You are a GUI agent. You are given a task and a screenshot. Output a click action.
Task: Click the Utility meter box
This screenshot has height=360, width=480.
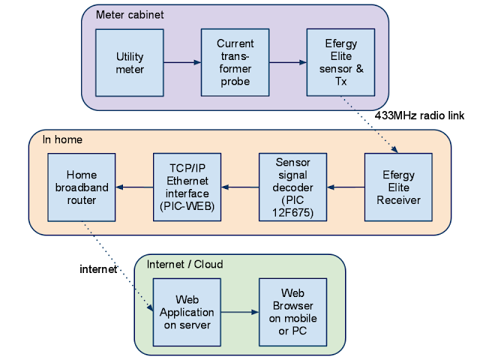[130, 63]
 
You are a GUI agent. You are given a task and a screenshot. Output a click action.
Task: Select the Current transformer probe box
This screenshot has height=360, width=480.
[235, 63]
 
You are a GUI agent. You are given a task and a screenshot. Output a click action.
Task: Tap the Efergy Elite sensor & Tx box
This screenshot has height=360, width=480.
[340, 63]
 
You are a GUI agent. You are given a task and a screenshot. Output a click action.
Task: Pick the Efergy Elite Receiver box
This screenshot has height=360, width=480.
[397, 187]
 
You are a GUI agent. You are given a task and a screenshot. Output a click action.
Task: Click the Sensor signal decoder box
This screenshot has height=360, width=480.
[292, 187]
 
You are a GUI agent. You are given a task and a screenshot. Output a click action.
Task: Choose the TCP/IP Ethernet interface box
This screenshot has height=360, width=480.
[187, 187]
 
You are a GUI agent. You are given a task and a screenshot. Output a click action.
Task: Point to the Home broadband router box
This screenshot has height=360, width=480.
[82, 187]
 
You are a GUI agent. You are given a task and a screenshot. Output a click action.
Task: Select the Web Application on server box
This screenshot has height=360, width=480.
[187, 310]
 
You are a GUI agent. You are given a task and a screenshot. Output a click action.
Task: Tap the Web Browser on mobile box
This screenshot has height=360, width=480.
[292, 310]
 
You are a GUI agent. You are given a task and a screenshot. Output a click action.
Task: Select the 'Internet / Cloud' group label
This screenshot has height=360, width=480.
[184, 264]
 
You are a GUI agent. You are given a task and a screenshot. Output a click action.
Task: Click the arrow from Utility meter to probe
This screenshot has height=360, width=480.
[182, 63]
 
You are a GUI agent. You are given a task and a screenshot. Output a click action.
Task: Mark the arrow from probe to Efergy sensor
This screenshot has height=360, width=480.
[287, 63]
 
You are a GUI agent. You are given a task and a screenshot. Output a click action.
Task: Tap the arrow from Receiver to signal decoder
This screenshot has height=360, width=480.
[345, 187]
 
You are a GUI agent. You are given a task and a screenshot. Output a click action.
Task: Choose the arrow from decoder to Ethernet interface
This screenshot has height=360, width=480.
[240, 187]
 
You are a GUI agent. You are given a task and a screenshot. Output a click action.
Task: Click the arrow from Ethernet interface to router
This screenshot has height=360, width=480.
[135, 187]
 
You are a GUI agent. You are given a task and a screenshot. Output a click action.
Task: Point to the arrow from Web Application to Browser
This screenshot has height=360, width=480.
[240, 311]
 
